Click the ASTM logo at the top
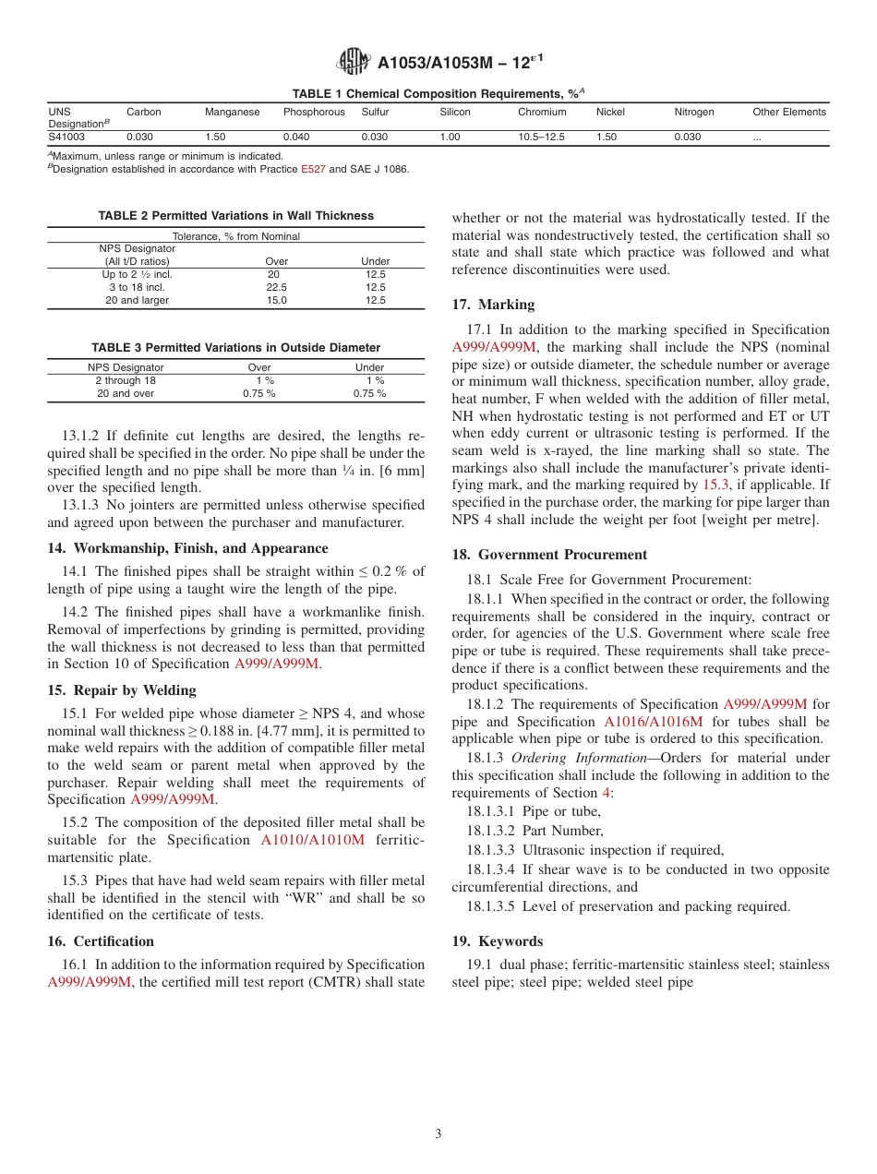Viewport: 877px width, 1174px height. click(x=354, y=63)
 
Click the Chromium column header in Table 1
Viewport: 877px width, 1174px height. click(x=542, y=112)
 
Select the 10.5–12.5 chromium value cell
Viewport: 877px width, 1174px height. click(x=541, y=137)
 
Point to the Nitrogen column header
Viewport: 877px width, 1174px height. click(x=694, y=112)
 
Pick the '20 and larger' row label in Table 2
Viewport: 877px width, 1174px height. click(x=137, y=300)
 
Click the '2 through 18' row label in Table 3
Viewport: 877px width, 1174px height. click(x=126, y=380)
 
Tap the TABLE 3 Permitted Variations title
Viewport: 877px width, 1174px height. click(x=235, y=348)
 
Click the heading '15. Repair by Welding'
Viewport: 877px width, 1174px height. click(x=122, y=690)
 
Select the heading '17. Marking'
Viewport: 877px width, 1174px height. click(x=493, y=305)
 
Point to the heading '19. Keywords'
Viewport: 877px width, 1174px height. click(x=497, y=941)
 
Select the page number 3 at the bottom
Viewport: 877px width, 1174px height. click(x=438, y=1134)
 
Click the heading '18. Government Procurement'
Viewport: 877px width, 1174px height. click(x=549, y=555)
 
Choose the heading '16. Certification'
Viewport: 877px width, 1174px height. click(x=101, y=941)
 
